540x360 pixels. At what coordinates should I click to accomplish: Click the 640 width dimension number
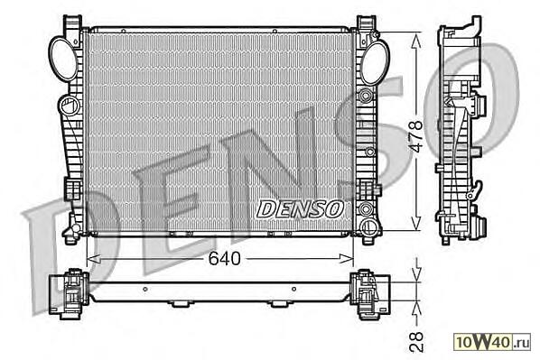[x=224, y=258]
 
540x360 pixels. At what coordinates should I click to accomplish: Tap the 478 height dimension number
[x=416, y=136]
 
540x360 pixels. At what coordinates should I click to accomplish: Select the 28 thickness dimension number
[x=416, y=341]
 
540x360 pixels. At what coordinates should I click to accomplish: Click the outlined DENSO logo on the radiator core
[x=300, y=209]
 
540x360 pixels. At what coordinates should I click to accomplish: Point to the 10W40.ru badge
[x=492, y=341]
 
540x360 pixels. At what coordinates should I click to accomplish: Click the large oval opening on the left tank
[x=64, y=60]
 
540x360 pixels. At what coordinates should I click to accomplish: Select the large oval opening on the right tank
[x=375, y=62]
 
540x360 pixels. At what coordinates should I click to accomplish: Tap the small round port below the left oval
[x=70, y=105]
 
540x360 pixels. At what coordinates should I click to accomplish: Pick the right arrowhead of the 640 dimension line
[x=347, y=258]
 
